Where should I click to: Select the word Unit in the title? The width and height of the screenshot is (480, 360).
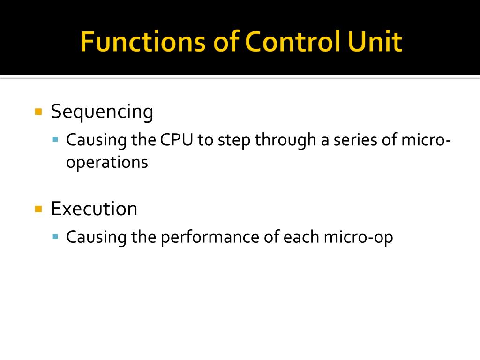pyautogui.click(x=375, y=42)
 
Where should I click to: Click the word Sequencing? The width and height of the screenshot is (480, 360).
pyautogui.click(x=102, y=112)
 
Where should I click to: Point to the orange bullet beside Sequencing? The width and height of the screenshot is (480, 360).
pyautogui.click(x=39, y=112)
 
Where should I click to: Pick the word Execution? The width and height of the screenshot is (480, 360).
pyautogui.click(x=94, y=209)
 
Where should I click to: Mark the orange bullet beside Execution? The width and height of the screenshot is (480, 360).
pyautogui.click(x=39, y=209)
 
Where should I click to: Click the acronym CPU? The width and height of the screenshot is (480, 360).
pyautogui.click(x=177, y=140)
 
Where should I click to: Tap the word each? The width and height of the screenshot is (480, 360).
pyautogui.click(x=301, y=237)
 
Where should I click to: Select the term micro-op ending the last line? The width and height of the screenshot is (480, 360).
pyautogui.click(x=358, y=237)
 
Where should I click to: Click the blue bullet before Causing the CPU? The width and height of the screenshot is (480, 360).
pyautogui.click(x=56, y=140)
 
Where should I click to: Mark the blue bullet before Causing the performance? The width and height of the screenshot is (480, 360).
pyautogui.click(x=56, y=237)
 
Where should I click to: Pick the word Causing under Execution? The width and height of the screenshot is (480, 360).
pyautogui.click(x=97, y=237)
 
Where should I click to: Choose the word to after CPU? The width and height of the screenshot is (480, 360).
pyautogui.click(x=205, y=140)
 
